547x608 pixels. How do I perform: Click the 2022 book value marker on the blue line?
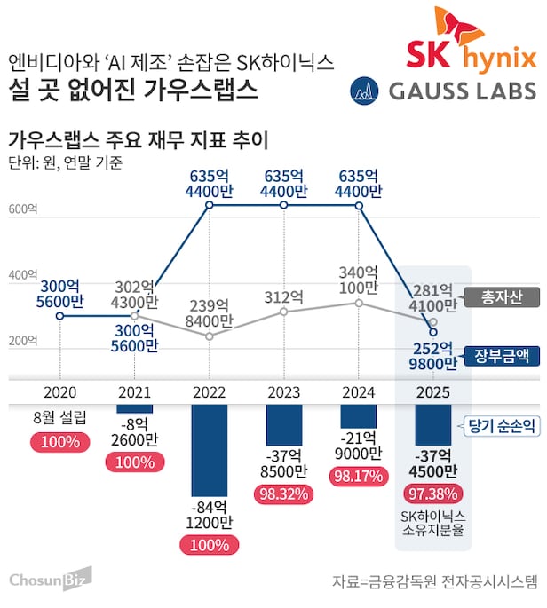tap(210, 206)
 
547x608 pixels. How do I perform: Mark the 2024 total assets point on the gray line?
tap(359, 303)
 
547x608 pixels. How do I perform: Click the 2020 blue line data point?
tap(59, 315)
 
